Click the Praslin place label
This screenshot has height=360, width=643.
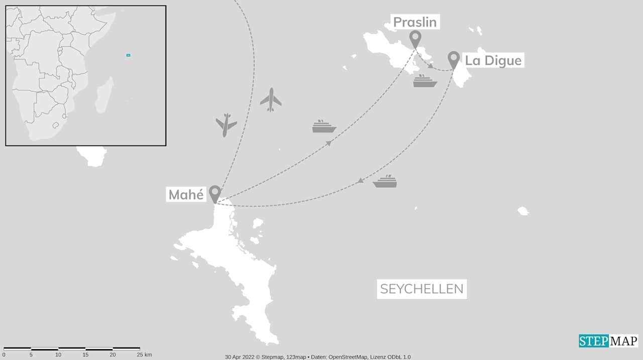click(414, 22)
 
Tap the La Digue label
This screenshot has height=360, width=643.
click(493, 61)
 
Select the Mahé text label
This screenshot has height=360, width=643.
click(186, 195)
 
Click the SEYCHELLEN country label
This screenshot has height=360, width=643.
click(421, 289)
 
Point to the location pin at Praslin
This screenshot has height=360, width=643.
click(415, 38)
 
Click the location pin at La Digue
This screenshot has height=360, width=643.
click(454, 59)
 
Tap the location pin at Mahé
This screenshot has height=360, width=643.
click(215, 193)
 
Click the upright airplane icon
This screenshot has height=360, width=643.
click(271, 99)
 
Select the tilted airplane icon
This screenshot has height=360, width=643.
click(226, 125)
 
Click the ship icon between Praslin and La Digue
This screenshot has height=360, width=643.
click(425, 81)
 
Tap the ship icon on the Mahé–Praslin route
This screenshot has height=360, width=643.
click(324, 127)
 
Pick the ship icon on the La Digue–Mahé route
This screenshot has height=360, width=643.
click(385, 182)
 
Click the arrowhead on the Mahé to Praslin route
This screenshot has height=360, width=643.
click(329, 144)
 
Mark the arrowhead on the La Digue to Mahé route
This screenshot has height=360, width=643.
click(361, 181)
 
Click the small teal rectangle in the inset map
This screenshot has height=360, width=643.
click(128, 55)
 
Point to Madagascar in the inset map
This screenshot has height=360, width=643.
click(104, 95)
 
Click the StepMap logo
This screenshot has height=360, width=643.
click(608, 341)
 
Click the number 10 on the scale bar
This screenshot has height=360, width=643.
click(58, 355)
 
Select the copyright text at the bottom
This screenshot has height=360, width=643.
click(317, 357)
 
